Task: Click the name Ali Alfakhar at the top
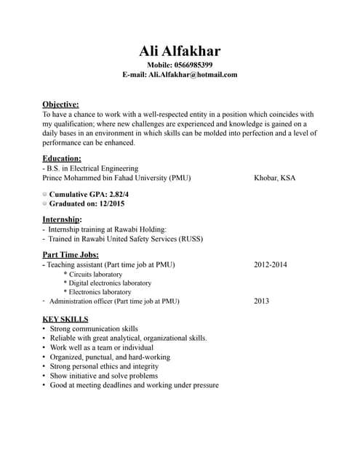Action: point(180,51)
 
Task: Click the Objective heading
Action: point(60,105)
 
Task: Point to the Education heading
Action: point(62,158)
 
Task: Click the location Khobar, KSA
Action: point(275,177)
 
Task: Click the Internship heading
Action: point(62,219)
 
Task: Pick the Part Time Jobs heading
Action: point(71,254)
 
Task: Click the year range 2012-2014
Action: point(271,264)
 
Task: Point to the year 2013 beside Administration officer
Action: point(262,301)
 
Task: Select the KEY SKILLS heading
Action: point(65,319)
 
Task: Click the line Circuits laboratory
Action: point(95,275)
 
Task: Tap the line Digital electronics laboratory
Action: point(110,283)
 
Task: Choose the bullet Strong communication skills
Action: point(94,329)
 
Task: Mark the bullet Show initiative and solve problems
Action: point(104,376)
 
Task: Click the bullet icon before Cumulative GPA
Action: point(44,195)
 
